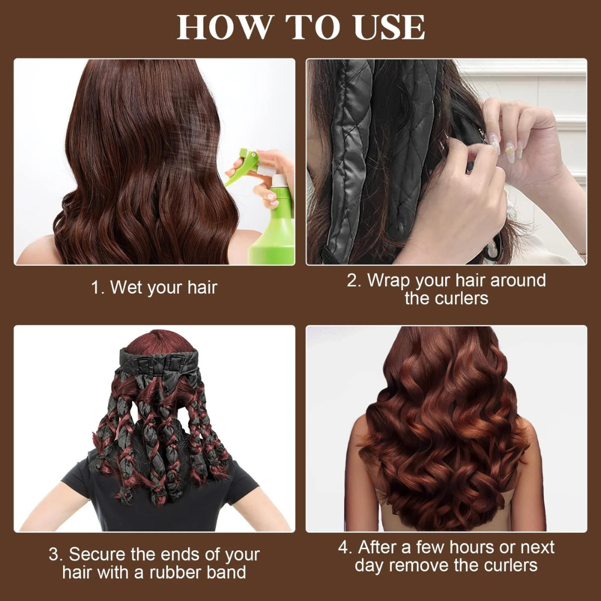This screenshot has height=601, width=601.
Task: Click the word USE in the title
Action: pyautogui.click(x=384, y=26)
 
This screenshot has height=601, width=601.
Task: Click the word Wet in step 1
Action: pyautogui.click(x=126, y=288)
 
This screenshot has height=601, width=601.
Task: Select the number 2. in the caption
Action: pyautogui.click(x=354, y=280)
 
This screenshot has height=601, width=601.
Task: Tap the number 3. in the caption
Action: pyautogui.click(x=56, y=555)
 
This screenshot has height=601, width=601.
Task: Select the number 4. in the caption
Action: pyautogui.click(x=346, y=547)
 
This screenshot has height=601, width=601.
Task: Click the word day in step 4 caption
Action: pyautogui.click(x=370, y=566)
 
